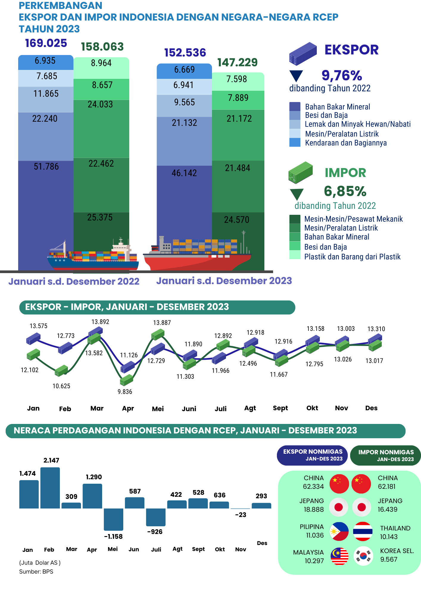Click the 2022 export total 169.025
point(46,43)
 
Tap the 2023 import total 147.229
point(237,62)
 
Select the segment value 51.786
point(46,167)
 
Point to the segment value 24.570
point(237,220)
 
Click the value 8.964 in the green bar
point(101,63)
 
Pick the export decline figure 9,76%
point(342,76)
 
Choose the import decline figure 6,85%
point(345,191)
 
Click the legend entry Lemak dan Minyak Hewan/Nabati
point(358,124)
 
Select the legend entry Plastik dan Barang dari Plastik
point(353,257)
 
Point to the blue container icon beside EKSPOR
point(303,54)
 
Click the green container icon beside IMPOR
point(301,172)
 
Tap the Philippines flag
point(339,531)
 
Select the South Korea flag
point(363,556)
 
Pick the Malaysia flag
point(339,556)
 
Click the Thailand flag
point(363,531)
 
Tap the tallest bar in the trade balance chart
point(50,488)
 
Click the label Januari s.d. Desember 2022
point(74,281)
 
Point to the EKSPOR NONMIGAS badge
point(313,455)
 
